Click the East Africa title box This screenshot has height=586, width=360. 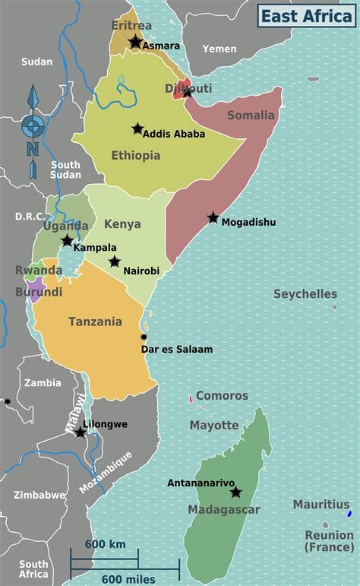coord(306,14)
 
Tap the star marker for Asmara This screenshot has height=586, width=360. coord(136,42)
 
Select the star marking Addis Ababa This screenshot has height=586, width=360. coord(137,128)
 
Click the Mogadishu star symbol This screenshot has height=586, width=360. coord(213,217)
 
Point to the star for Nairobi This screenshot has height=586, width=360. coord(114,261)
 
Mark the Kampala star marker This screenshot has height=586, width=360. coord(67,241)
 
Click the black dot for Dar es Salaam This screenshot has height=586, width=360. coord(144,337)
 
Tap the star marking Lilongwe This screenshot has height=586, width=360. coord(81,432)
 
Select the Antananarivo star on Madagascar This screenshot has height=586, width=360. coord(235,492)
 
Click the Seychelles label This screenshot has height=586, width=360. coord(305,293)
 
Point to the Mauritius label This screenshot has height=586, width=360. coord(321,505)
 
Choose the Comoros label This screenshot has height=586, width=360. coord(222,396)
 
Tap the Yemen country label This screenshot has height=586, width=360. coord(219,49)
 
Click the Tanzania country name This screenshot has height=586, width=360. coord(95,322)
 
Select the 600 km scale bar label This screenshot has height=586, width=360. coord(105,543)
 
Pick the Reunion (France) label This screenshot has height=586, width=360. coord(329,540)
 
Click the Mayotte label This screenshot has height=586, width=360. coord(213,425)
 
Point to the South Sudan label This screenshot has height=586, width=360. coord(65,170)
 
